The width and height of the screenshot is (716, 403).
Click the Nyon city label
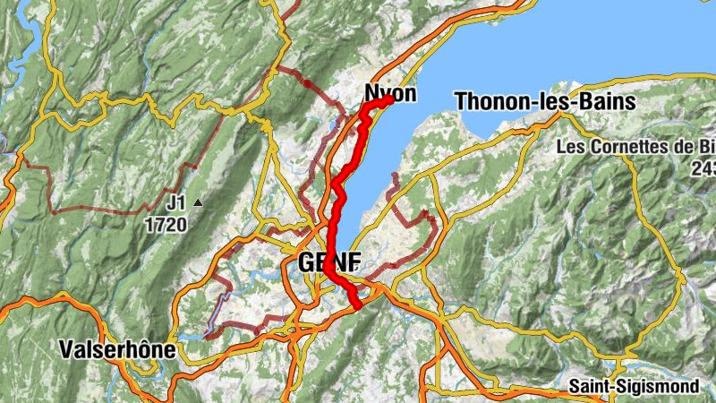click(x=390, y=93)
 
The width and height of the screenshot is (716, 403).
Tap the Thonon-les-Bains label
click(x=545, y=101)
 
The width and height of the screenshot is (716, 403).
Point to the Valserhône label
click(x=116, y=349)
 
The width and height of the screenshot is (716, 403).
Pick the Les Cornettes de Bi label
click(x=635, y=146)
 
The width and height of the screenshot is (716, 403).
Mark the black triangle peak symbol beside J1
click(x=199, y=202)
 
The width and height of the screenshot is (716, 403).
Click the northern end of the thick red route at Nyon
click(x=391, y=99)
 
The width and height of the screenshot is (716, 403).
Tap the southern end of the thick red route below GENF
click(x=358, y=306)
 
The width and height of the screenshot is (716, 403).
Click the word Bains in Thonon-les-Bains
click(x=607, y=101)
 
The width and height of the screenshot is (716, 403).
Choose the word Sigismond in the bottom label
click(x=657, y=387)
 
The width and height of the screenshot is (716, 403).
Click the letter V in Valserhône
click(x=65, y=349)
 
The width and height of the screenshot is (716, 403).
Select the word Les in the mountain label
click(x=570, y=146)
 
